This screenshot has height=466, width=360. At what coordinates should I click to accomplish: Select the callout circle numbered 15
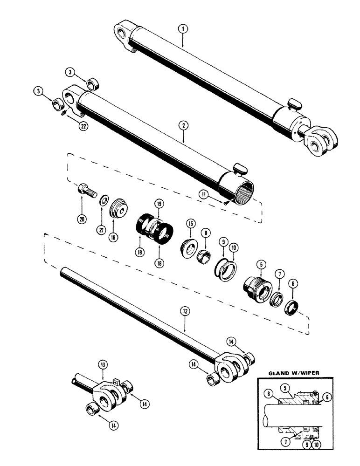(x=190, y=224)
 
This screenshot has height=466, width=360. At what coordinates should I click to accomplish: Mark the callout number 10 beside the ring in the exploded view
(x=232, y=256)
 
